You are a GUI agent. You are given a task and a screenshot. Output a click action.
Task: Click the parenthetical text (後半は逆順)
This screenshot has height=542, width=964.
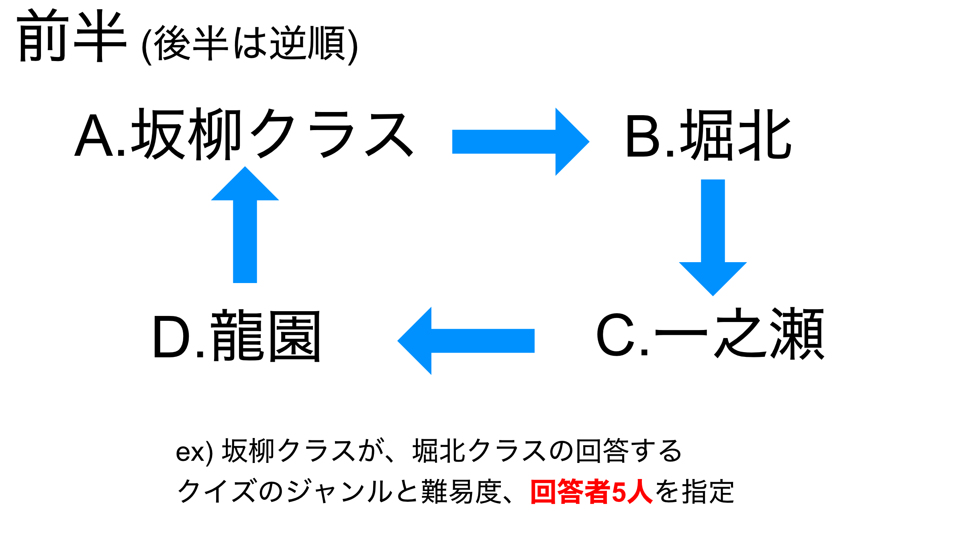point(250,44)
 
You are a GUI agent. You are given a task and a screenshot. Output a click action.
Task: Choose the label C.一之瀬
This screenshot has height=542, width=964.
point(710,333)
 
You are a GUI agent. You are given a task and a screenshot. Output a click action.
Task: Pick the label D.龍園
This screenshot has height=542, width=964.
point(237,336)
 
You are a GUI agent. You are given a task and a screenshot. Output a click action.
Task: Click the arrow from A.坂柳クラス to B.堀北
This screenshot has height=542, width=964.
point(521,142)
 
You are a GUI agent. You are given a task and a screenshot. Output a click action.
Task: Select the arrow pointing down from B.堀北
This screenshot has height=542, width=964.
point(713,238)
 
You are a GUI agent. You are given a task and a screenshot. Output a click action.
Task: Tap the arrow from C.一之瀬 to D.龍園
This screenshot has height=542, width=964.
point(466,341)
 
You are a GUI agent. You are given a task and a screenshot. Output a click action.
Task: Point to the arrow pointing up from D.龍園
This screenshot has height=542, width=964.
point(245,224)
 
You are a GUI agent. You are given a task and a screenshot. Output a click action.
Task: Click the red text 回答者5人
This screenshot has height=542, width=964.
point(591,491)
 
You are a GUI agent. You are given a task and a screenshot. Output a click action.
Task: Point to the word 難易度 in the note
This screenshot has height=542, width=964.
point(462,491)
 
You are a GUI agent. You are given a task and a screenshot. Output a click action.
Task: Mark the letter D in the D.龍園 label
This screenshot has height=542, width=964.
point(172,336)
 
